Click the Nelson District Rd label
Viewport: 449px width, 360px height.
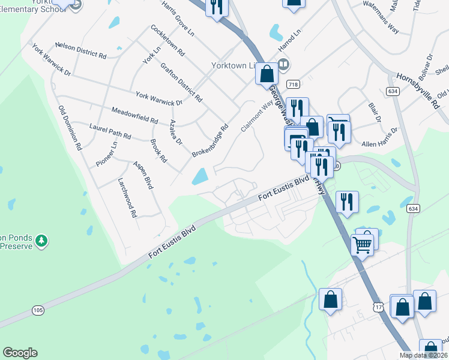(80, 50)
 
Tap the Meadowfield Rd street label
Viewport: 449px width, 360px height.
(135, 115)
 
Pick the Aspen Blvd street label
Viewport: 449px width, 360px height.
(143, 175)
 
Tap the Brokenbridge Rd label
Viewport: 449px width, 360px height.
(211, 141)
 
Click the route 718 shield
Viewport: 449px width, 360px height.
(293, 84)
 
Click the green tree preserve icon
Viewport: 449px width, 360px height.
(41, 241)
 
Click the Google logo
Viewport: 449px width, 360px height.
(20, 353)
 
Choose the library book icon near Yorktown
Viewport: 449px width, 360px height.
(285, 64)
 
